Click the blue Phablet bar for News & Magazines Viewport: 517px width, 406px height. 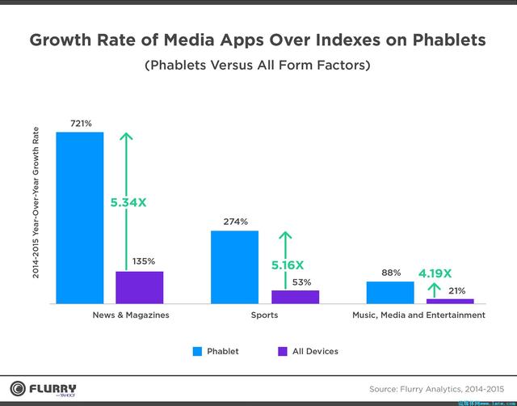click(x=80, y=217)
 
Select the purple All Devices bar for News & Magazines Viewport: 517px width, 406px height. click(x=139, y=287)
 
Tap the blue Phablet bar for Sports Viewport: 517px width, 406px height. click(x=235, y=267)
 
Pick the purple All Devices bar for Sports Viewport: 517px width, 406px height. click(x=295, y=297)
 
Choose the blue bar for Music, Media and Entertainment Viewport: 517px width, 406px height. click(x=390, y=292)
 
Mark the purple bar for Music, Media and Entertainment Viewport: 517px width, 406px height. click(x=450, y=301)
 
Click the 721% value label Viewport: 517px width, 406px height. click(x=81, y=124)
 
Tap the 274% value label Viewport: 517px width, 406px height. click(x=236, y=222)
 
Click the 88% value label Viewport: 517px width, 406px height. click(x=391, y=273)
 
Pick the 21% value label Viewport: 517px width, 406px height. click(x=456, y=290)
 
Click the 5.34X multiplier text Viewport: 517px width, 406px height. click(x=128, y=202)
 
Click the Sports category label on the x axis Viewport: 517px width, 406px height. click(x=264, y=315)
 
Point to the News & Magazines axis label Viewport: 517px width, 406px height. click(x=132, y=315)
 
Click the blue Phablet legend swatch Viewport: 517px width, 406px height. click(x=196, y=351)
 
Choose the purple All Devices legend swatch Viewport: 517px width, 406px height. click(x=282, y=351)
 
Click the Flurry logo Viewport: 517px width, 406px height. click(x=44, y=387)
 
